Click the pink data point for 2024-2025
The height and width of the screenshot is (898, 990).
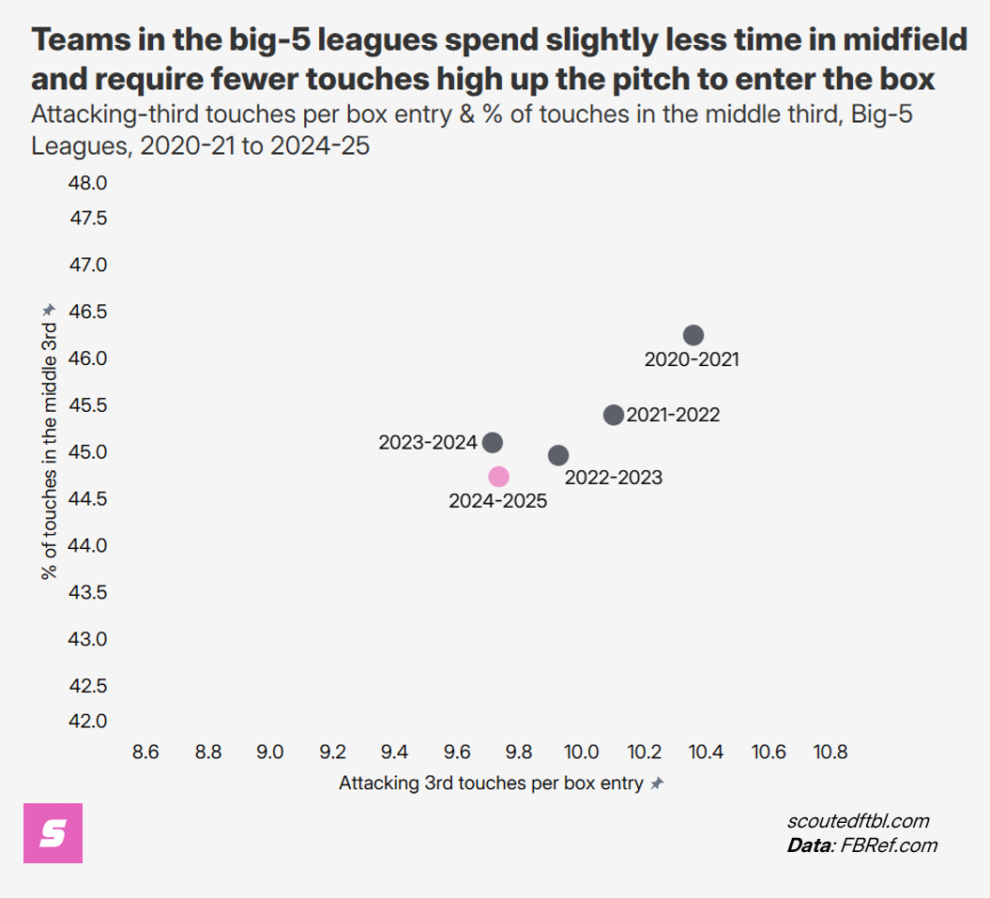(x=498, y=476)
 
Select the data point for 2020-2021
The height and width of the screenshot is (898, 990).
(x=693, y=335)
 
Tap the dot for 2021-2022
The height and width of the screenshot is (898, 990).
(x=613, y=415)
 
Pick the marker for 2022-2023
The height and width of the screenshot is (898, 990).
(x=558, y=455)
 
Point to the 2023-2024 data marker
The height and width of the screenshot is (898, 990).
(x=493, y=442)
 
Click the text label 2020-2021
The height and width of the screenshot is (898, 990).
(x=692, y=359)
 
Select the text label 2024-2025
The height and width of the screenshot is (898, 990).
(x=497, y=501)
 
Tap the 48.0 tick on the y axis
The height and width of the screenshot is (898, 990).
(x=88, y=182)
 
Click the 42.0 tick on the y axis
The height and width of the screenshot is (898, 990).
(x=88, y=721)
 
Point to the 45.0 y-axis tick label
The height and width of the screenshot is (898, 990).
(x=88, y=452)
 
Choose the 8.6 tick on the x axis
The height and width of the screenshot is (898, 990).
(x=145, y=752)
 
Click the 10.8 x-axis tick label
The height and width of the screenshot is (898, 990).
(x=830, y=752)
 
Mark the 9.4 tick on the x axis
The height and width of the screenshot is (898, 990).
(x=394, y=752)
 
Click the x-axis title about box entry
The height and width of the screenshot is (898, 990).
(x=491, y=784)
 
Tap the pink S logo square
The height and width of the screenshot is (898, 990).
(x=53, y=832)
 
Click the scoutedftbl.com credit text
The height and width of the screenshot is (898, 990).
(x=858, y=821)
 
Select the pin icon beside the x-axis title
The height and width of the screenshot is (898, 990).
(x=657, y=784)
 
